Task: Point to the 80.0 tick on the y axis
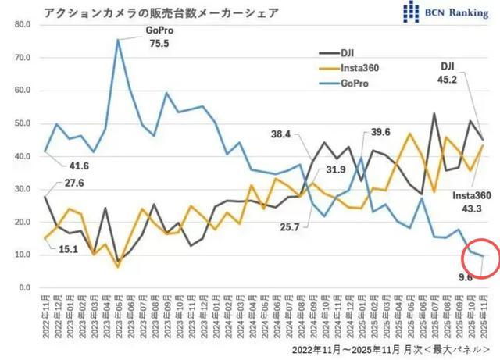pyautogui.click(x=20, y=25)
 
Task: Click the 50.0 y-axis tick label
pyautogui.click(x=20, y=123)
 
